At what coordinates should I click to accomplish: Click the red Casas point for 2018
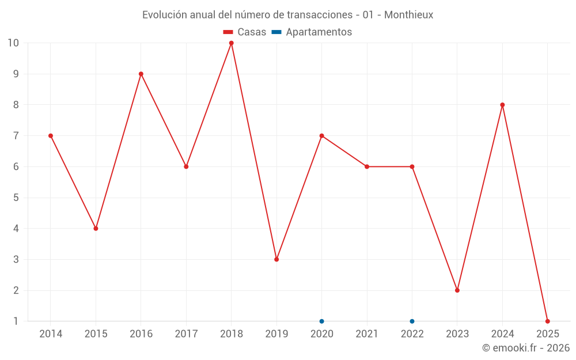[232, 43]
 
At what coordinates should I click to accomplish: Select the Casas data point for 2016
[141, 74]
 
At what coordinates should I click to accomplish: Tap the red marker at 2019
[276, 259]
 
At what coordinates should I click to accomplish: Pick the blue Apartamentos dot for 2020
[322, 321]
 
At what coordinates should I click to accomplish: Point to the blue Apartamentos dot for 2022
[412, 321]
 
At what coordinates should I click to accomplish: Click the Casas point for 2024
[502, 105]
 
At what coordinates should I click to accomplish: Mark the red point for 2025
[547, 321]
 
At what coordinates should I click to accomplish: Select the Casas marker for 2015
[96, 229]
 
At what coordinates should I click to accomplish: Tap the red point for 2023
[457, 290]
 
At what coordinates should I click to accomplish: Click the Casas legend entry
[245, 32]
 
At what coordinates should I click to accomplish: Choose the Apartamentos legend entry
[312, 32]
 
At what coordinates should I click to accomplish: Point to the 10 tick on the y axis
[13, 43]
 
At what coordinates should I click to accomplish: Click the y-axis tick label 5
[16, 198]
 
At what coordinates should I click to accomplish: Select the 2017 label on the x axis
[186, 334]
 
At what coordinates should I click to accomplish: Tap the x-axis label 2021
[367, 334]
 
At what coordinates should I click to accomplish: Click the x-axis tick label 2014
[51, 334]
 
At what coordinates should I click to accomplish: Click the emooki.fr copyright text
[526, 347]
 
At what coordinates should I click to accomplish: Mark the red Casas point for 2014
[51, 136]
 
